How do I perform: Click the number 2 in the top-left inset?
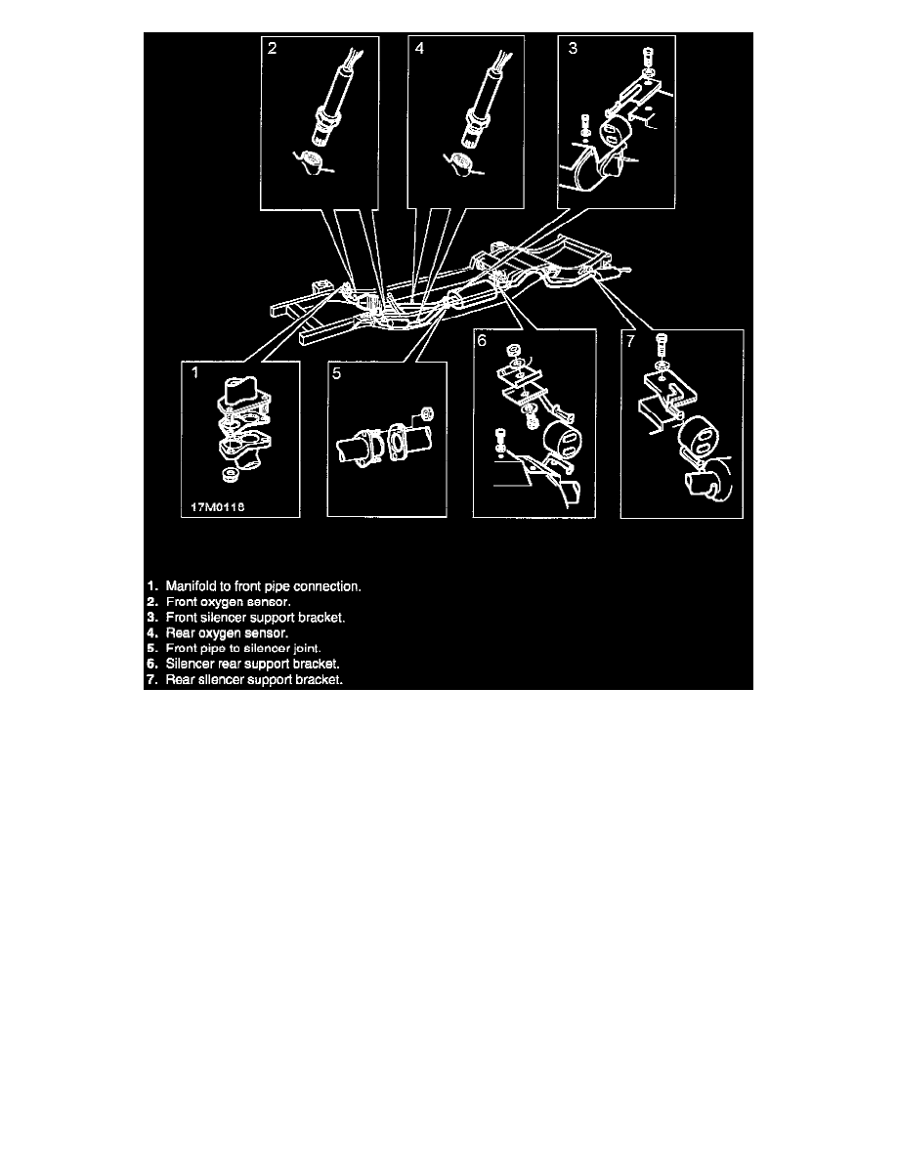click(273, 48)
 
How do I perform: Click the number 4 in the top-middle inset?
click(419, 48)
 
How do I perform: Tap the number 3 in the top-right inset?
click(572, 48)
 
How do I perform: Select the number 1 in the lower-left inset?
click(195, 372)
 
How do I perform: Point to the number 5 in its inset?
click(337, 373)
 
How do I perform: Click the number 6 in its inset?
click(482, 341)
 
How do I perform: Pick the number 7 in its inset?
click(630, 341)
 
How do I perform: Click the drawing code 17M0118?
click(218, 507)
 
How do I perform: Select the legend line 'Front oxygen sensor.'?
click(228, 602)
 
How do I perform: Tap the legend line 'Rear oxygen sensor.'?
click(227, 633)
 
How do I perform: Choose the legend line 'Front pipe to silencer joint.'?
click(243, 649)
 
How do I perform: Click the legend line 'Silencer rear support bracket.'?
click(252, 665)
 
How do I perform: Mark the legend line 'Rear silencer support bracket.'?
click(254, 680)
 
